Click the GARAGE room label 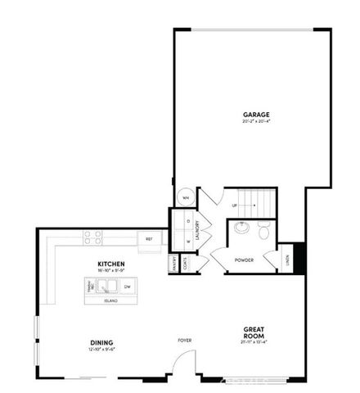coord(255,114)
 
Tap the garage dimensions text coord(255,122)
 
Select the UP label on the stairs coord(235,206)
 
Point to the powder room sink coord(241,228)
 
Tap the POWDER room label coord(243,260)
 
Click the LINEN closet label coord(287,260)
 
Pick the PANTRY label coord(174,264)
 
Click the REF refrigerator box coord(149,239)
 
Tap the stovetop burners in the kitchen coord(92,238)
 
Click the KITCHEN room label coord(109,263)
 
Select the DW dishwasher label coord(128,287)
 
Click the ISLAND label coord(110,301)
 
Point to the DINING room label coord(101,342)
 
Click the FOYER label coord(185,339)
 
